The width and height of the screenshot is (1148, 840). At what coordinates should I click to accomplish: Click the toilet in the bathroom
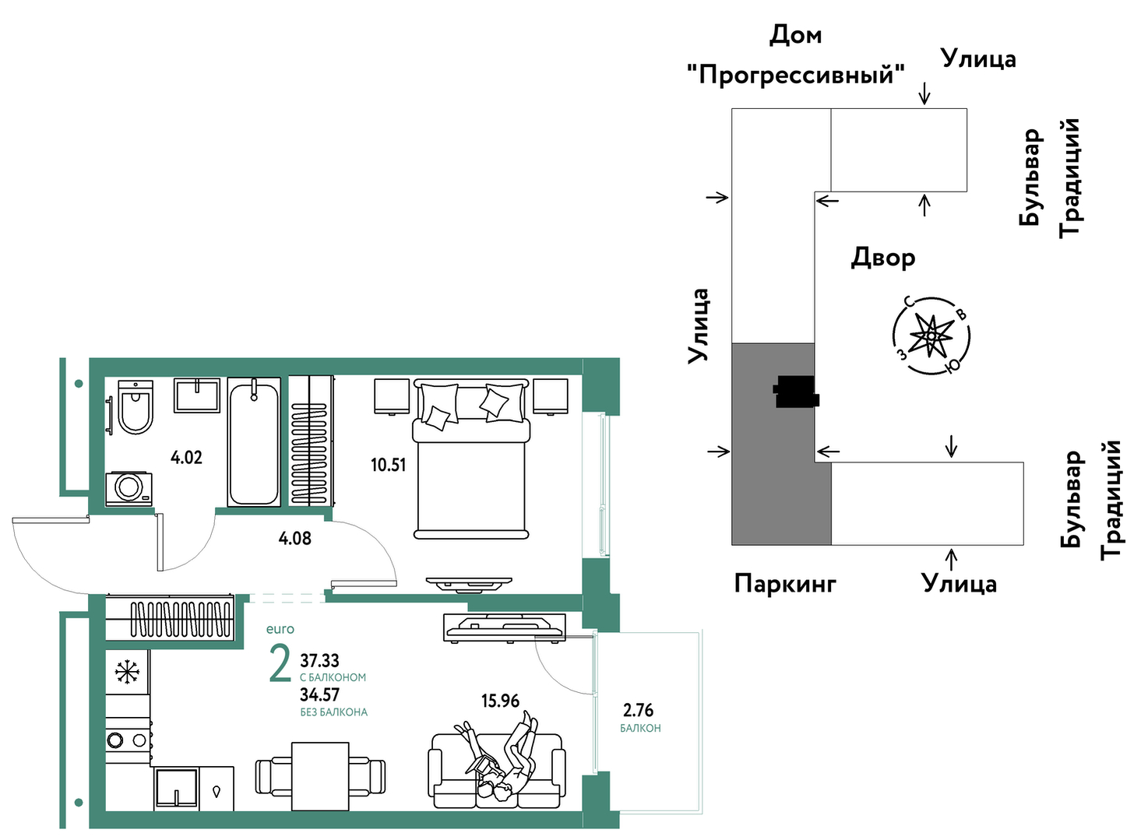(x=136, y=406)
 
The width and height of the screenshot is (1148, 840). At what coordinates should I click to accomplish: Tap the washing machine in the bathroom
(x=129, y=489)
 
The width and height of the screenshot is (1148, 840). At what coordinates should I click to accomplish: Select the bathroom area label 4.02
(x=187, y=458)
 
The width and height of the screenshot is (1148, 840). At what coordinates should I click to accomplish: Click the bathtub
(x=254, y=442)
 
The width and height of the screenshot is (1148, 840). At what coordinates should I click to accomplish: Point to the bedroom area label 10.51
(x=389, y=465)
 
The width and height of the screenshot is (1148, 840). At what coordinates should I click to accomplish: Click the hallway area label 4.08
(x=294, y=538)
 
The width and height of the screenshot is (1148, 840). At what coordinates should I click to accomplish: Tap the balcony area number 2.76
(x=638, y=710)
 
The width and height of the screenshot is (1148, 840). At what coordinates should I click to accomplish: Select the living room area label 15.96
(x=500, y=701)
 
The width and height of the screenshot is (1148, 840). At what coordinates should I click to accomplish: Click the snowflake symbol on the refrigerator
(x=127, y=672)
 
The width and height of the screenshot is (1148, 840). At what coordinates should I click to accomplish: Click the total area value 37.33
(x=320, y=660)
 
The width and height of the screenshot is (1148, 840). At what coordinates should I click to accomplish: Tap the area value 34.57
(x=320, y=694)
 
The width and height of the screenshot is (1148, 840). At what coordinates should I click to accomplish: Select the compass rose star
(x=931, y=336)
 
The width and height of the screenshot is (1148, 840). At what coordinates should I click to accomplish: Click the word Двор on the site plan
(x=883, y=258)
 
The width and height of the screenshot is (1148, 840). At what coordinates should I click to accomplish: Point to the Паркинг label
(x=785, y=583)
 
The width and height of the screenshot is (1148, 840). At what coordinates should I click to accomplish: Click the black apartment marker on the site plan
(x=796, y=392)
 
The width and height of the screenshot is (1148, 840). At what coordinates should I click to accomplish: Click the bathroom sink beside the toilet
(x=197, y=395)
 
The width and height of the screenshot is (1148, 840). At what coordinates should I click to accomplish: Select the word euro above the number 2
(x=280, y=629)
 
